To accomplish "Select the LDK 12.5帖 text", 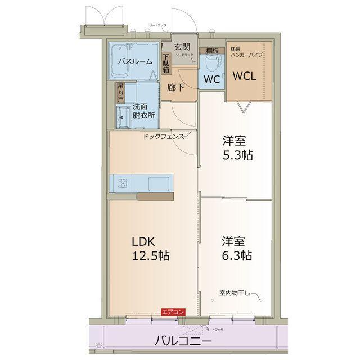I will click(x=150, y=248).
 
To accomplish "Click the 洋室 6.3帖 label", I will click(x=236, y=248).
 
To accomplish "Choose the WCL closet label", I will click(x=245, y=76).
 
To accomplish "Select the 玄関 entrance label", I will click(x=182, y=47).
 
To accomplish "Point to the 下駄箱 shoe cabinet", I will click(x=166, y=63).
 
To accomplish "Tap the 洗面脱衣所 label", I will click(x=143, y=111).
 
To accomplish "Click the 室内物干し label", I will click(x=236, y=292).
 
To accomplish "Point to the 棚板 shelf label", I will click(x=212, y=50).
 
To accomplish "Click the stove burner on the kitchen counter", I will click(x=122, y=182).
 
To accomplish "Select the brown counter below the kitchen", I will click(x=156, y=196).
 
